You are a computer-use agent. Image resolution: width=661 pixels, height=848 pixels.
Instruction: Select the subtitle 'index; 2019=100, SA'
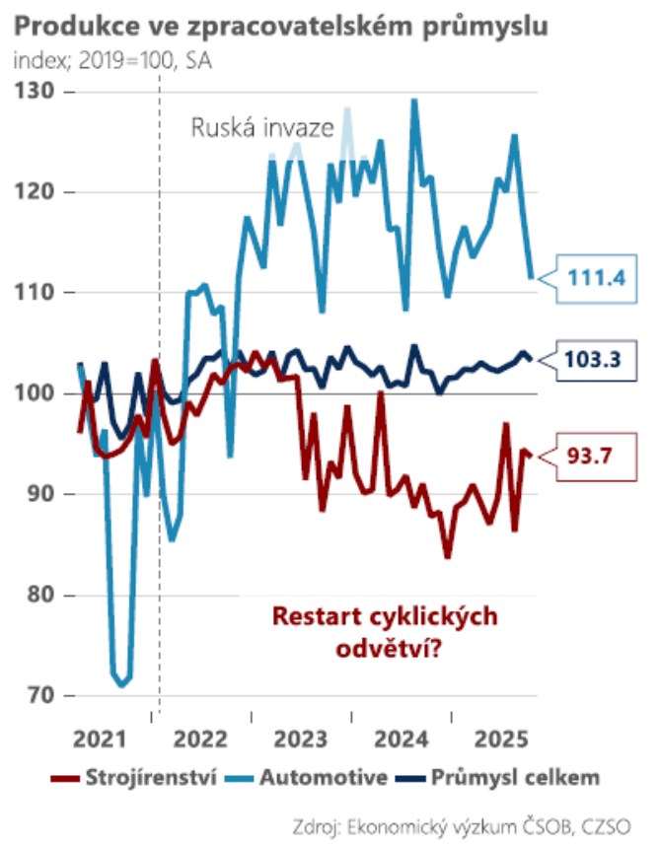[113, 61]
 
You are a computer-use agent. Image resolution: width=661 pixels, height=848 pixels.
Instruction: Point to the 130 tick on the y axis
[37, 92]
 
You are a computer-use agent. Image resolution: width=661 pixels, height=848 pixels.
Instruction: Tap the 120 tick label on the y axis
[37, 192]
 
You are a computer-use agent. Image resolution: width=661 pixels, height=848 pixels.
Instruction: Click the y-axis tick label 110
[37, 293]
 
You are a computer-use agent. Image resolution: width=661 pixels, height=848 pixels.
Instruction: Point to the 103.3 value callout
[598, 360]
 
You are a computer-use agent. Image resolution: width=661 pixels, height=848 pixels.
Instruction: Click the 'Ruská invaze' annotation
[262, 129]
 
